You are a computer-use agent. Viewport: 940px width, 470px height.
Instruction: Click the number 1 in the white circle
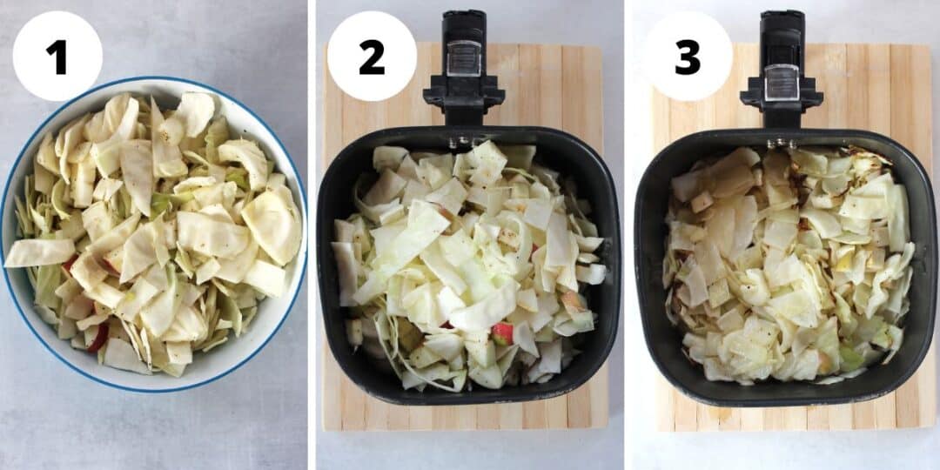pos(57,57)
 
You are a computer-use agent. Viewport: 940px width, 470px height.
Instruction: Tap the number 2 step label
pos(372,57)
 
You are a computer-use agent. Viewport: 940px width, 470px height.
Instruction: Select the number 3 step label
pos(688,57)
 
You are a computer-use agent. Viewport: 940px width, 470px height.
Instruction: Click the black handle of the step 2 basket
pos(463,87)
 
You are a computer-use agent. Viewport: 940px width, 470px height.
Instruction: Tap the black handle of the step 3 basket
pos(781,87)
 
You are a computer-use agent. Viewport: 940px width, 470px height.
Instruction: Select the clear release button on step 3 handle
pos(781,82)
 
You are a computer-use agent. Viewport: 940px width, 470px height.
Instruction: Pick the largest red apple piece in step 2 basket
pos(502,332)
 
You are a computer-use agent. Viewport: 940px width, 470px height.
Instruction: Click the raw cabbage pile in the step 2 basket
pos(461,261)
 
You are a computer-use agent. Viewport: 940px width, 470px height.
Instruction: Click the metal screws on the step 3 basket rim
pos(781,142)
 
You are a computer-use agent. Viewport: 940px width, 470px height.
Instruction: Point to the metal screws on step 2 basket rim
pos(463,139)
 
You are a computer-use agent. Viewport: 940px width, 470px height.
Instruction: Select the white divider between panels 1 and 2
pos(312,235)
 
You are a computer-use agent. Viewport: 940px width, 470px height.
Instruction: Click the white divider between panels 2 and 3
pos(628,235)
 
